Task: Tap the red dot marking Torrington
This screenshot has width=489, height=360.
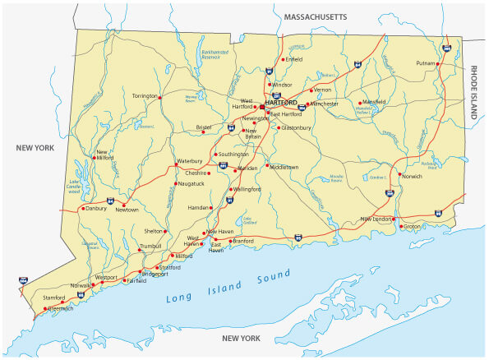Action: [x=160, y=97]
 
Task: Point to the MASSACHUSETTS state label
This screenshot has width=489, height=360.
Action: [x=316, y=16]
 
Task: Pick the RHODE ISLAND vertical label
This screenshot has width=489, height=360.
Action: [x=474, y=94]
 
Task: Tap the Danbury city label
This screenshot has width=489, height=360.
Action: [x=97, y=209]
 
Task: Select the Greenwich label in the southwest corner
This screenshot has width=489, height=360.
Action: [x=58, y=309]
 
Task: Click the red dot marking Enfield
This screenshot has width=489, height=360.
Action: [x=283, y=60]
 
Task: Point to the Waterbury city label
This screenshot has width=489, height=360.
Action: [x=189, y=161]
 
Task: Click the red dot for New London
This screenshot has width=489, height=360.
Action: [x=394, y=219]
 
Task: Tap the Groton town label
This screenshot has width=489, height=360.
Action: [x=412, y=226]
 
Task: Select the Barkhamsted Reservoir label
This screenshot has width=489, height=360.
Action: [x=214, y=54]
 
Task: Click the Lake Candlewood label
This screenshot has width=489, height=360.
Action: [x=75, y=187]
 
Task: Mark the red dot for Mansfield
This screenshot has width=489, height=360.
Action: [x=360, y=103]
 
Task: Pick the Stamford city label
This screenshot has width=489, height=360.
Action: [x=54, y=298]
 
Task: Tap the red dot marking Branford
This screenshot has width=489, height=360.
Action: [x=233, y=241]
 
